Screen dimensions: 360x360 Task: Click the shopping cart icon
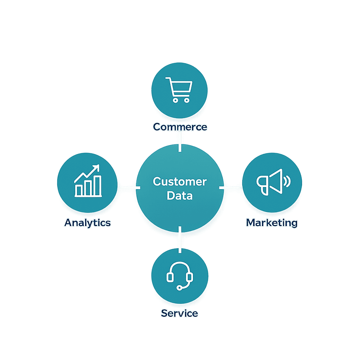tap(179, 89)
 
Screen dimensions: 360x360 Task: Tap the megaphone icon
tap(271, 182)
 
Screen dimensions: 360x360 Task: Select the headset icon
tap(180, 275)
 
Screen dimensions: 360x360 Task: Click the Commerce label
tap(180, 127)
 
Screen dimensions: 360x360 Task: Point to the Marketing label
tap(272, 223)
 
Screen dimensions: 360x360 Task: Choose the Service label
tap(180, 313)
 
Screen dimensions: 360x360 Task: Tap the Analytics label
tap(88, 223)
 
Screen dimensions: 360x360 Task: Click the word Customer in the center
tap(180, 182)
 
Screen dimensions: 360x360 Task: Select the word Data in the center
tap(180, 195)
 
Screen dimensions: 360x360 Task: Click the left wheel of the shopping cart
tap(175, 100)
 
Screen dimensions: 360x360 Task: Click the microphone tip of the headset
tap(179, 288)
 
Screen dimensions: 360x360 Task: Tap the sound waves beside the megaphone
tap(287, 181)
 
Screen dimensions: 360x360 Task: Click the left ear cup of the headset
tap(170, 277)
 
